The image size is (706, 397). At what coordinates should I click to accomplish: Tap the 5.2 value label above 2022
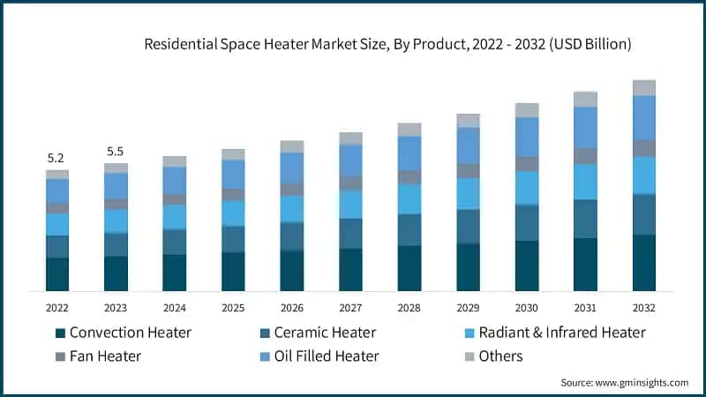point(56,158)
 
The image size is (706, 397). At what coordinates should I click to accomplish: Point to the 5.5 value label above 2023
point(116,152)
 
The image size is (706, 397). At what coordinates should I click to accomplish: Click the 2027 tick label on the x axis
point(350,308)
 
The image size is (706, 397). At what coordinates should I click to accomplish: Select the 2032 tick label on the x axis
point(644,308)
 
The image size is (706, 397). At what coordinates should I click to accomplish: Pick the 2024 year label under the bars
point(174,308)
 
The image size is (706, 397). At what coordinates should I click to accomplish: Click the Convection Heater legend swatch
point(60,333)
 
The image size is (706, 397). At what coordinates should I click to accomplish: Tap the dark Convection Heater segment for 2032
point(644,263)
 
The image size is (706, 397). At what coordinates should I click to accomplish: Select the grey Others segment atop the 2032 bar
point(644,87)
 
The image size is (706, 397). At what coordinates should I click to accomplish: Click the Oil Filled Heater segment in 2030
point(527,137)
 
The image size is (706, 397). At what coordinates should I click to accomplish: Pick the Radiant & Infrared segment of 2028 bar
point(409,198)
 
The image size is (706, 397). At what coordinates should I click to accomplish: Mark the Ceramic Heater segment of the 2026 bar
point(292,236)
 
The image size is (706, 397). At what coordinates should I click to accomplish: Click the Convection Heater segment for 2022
point(57,274)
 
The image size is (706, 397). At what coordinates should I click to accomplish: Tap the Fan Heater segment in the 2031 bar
point(585,156)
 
